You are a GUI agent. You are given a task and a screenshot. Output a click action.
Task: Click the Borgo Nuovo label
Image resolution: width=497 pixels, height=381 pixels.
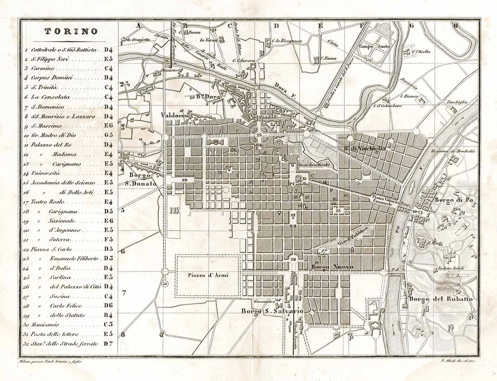click(332, 267)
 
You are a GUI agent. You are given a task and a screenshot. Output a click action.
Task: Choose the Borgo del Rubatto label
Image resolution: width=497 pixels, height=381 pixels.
click(441, 299)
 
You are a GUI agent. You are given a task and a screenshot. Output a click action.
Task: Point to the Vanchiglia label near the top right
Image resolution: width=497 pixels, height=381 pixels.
click(457, 102)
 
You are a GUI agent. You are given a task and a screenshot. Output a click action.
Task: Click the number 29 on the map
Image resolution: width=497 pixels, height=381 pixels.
click(184, 180)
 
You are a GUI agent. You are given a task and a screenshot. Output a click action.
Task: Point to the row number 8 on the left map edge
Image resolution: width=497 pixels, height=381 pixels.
click(123, 334)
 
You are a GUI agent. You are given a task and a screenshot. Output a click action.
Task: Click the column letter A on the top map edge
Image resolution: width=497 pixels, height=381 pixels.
click(137, 26)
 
